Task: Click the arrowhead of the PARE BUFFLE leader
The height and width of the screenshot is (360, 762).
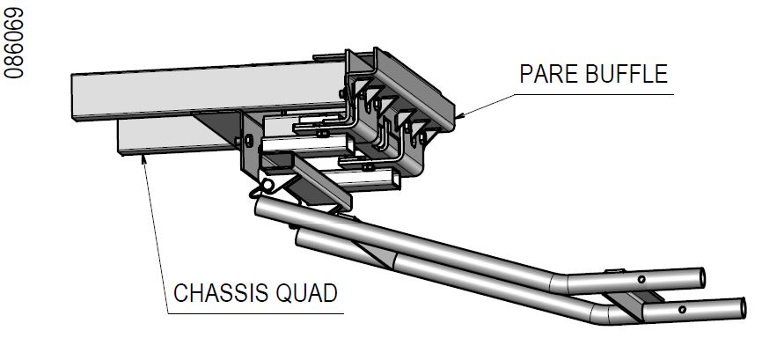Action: (460, 114)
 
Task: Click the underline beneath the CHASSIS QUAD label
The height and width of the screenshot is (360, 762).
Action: (255, 312)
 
